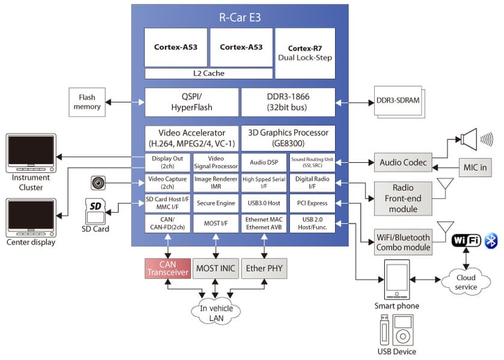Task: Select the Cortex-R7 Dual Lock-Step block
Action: tap(305, 53)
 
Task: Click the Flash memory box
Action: tap(87, 102)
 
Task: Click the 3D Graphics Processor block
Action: tap(287, 138)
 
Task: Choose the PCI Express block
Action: tap(312, 203)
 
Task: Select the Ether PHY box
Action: tap(263, 268)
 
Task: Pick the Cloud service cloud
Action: tap(465, 282)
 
